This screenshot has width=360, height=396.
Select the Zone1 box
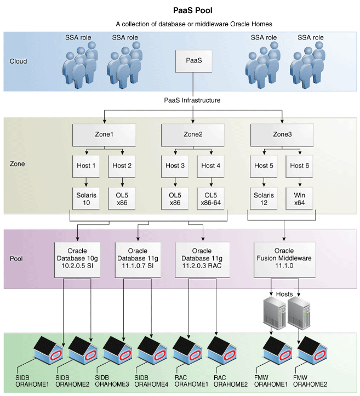tap(104, 134)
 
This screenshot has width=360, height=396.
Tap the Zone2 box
tap(192, 134)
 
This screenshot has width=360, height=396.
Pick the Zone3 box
tap(282, 134)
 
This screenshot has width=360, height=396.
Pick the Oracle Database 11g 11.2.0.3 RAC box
tap(203, 254)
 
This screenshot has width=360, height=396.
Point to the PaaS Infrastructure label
tap(192, 100)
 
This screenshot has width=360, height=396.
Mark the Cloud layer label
tap(19, 61)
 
